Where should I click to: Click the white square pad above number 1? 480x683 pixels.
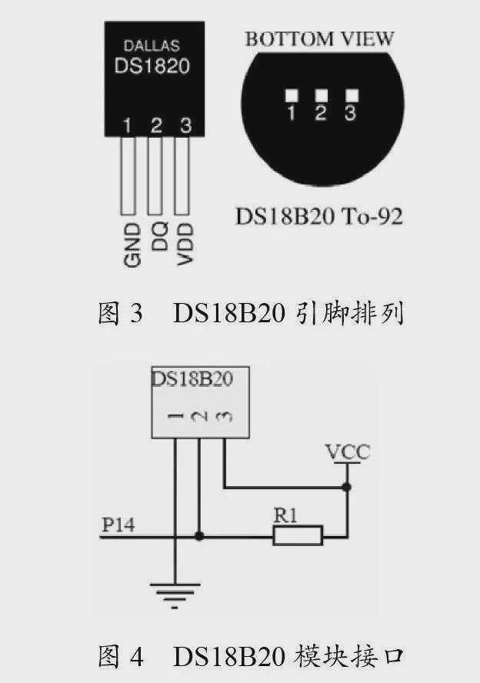pyautogui.click(x=292, y=95)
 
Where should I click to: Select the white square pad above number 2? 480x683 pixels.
pyautogui.click(x=322, y=95)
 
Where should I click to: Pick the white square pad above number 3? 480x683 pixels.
pyautogui.click(x=352, y=95)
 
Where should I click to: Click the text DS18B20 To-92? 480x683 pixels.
pyautogui.click(x=318, y=216)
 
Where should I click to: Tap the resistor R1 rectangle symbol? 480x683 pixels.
pyautogui.click(x=298, y=535)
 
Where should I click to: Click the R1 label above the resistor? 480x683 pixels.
pyautogui.click(x=285, y=515)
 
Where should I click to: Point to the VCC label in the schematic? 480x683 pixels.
pyautogui.click(x=347, y=451)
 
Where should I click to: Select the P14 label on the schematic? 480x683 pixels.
pyautogui.click(x=118, y=525)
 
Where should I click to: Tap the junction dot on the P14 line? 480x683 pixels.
pyautogui.click(x=199, y=535)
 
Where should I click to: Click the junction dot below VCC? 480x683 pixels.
pyautogui.click(x=347, y=487)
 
